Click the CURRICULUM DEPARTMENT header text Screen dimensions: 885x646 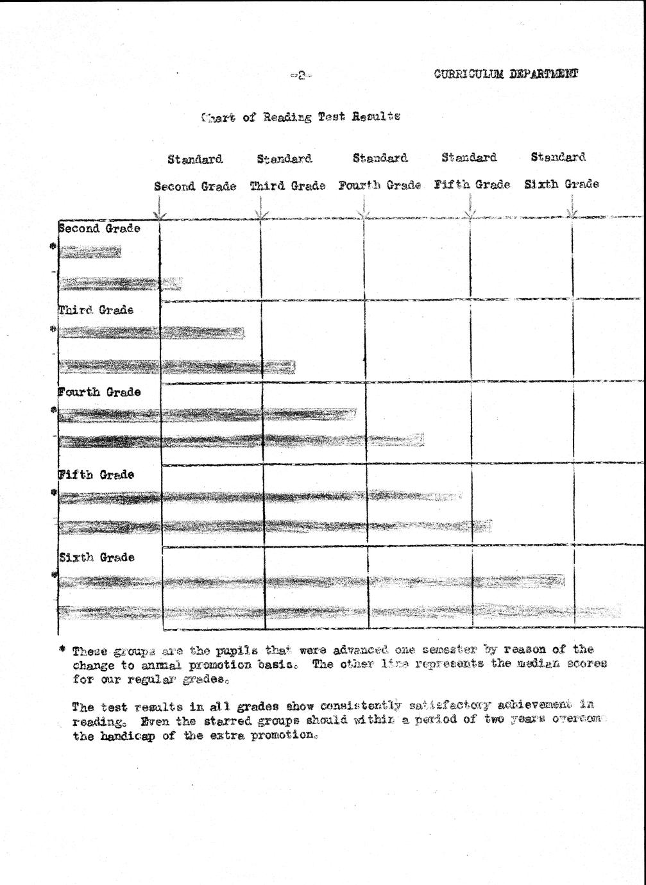tap(506, 73)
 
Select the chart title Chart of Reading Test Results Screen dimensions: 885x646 tap(301, 117)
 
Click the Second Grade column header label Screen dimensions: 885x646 tap(195, 186)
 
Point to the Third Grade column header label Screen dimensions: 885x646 tap(287, 186)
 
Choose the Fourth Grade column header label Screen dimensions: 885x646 tap(380, 185)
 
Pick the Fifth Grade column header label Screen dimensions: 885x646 tap(472, 185)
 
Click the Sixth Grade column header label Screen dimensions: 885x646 tap(562, 184)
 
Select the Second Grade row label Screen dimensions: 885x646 tap(99, 228)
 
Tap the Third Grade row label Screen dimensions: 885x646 tap(96, 310)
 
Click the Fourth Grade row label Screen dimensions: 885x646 tap(99, 392)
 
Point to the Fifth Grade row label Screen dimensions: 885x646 tap(97, 475)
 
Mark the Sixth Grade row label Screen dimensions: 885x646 tap(97, 557)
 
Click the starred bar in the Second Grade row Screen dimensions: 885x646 tap(90, 252)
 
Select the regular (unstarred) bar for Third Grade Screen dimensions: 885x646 tap(176, 367)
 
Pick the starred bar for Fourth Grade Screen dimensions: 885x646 tap(207, 415)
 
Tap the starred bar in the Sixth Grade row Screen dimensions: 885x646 tap(311, 582)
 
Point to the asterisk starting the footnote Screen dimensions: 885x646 tap(62, 649)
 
